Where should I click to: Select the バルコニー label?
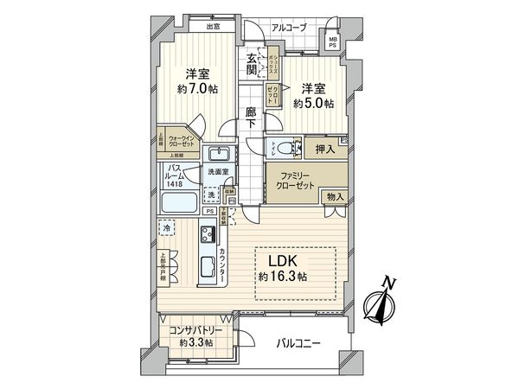tap(298, 344)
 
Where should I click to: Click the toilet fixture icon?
tap(282, 147)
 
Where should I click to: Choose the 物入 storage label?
tap(335, 197)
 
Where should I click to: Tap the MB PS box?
tap(333, 40)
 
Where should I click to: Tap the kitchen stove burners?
tap(208, 234)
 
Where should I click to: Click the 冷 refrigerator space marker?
tap(167, 229)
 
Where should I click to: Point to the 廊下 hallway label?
tap(250, 118)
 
